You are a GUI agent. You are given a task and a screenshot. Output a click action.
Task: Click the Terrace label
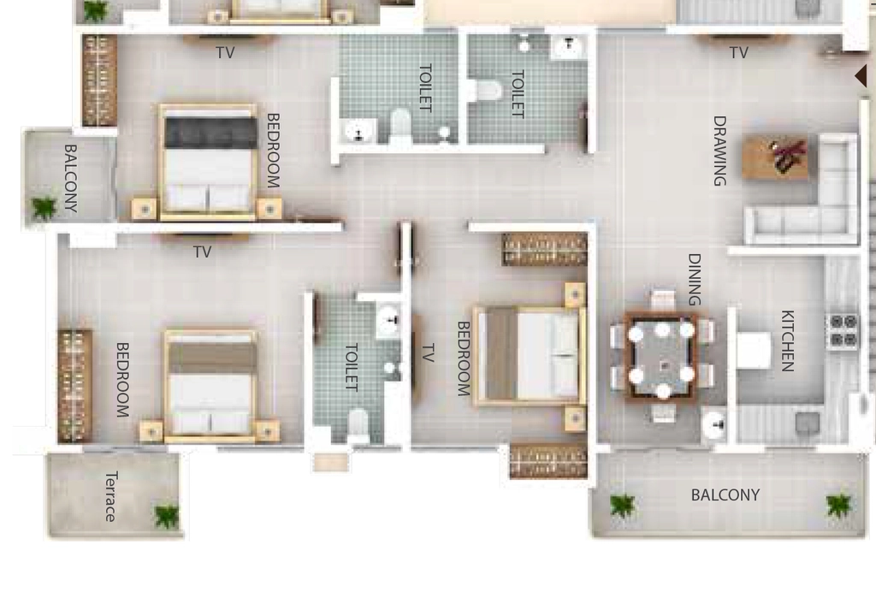click(x=111, y=496)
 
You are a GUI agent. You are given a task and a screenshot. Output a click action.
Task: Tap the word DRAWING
click(x=719, y=151)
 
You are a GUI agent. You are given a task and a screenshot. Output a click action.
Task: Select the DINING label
click(x=694, y=280)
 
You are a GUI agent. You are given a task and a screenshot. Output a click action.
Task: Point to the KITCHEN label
click(x=787, y=340)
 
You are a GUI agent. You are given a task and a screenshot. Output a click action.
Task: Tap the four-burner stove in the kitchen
click(x=843, y=331)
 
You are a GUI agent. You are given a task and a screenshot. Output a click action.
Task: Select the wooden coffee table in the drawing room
click(x=776, y=157)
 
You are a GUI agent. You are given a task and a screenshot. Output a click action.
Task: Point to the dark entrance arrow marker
click(x=861, y=75)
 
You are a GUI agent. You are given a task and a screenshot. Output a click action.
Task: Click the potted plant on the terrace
click(x=167, y=516)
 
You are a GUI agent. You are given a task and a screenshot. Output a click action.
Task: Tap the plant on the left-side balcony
click(x=44, y=208)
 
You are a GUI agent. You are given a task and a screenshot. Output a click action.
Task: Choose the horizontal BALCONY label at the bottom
click(x=725, y=495)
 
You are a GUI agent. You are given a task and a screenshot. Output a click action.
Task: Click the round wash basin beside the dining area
click(x=714, y=424)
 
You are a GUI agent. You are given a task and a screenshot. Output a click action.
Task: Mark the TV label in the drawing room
click(x=738, y=52)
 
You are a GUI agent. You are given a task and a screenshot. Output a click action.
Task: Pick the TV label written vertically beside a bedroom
click(x=428, y=353)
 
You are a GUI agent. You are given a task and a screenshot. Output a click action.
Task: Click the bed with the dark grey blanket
click(x=209, y=162)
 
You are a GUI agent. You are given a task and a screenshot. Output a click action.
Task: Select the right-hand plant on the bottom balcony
click(x=838, y=505)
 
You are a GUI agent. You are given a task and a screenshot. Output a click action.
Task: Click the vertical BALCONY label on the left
click(x=70, y=178)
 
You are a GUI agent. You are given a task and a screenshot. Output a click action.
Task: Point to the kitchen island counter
click(x=753, y=350)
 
